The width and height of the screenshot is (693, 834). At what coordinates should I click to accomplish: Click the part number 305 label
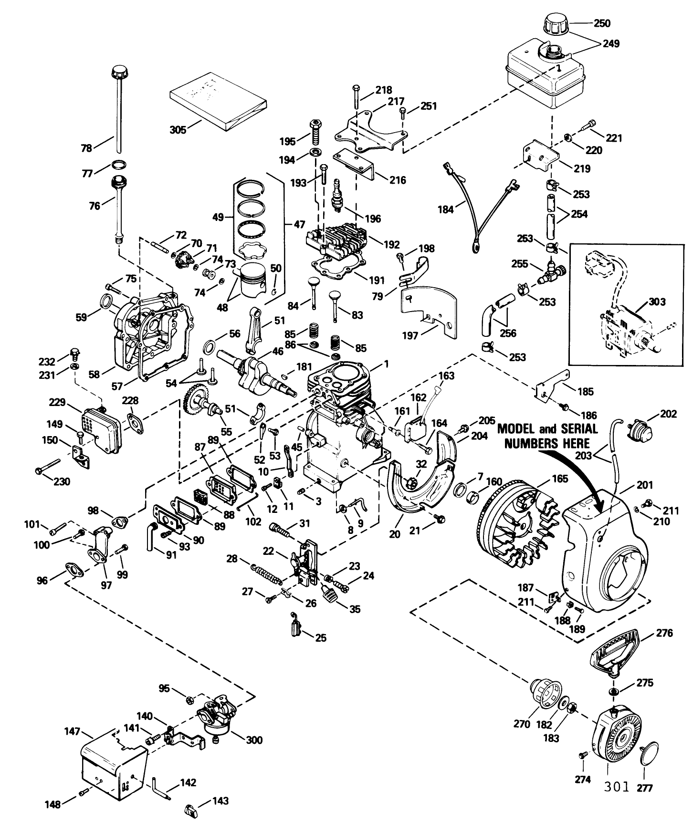pos(178,129)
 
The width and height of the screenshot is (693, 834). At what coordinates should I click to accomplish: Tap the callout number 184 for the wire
pos(445,209)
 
